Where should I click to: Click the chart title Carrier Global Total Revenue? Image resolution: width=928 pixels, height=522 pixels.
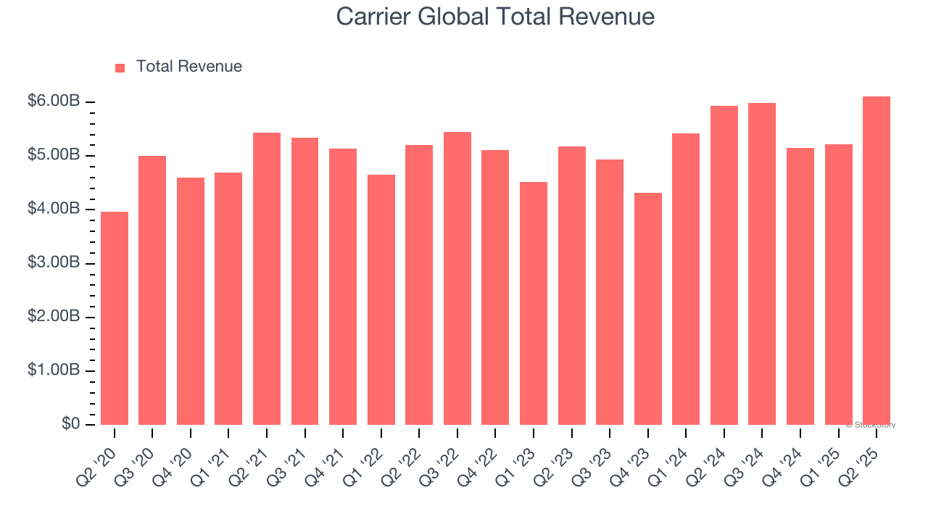495,17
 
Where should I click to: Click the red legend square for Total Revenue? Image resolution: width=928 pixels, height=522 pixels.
120,67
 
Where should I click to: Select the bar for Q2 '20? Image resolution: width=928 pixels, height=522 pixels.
115,318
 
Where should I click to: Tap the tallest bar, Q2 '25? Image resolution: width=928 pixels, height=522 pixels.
877,261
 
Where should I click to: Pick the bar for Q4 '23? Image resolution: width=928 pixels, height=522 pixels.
648,309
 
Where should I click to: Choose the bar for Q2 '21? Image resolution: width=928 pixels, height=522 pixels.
267,279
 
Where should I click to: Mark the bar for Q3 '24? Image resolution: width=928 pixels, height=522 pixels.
762,264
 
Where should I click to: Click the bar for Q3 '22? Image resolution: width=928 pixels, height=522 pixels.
457,278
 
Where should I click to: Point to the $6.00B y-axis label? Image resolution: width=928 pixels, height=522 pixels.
54,101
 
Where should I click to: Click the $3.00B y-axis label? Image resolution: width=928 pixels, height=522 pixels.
54,263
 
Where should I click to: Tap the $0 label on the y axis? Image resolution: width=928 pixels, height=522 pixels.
70,424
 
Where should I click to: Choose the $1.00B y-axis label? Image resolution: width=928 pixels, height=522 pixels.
54,370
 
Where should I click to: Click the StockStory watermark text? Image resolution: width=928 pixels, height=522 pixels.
871,425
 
